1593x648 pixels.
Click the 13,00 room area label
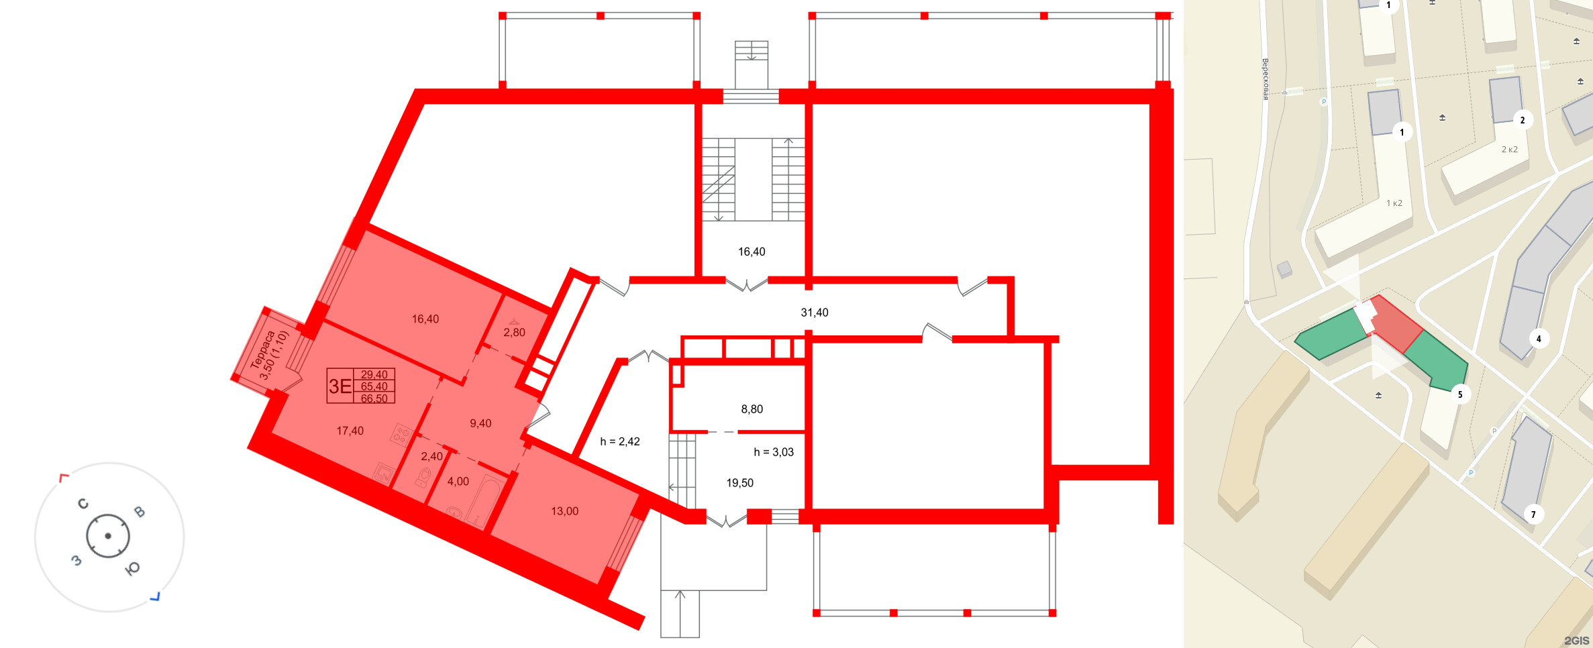(564, 511)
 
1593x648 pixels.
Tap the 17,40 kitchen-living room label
(350, 431)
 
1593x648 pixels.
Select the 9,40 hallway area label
(480, 423)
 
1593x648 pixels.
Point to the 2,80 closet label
(514, 333)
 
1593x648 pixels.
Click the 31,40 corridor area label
(815, 313)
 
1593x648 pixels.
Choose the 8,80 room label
(752, 409)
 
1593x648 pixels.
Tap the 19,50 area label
(739, 483)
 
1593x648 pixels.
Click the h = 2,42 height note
(620, 441)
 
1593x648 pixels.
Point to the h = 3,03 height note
(774, 452)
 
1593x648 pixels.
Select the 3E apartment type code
(340, 386)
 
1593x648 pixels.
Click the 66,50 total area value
(374, 398)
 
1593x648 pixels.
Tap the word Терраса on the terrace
(262, 349)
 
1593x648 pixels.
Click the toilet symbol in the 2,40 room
(423, 477)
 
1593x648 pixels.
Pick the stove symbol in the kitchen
(401, 435)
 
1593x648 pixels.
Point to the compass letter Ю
(133, 568)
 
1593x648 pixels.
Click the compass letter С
(83, 504)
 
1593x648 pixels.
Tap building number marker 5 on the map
(1460, 394)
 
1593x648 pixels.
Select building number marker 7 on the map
(1533, 515)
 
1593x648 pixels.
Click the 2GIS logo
(1577, 641)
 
